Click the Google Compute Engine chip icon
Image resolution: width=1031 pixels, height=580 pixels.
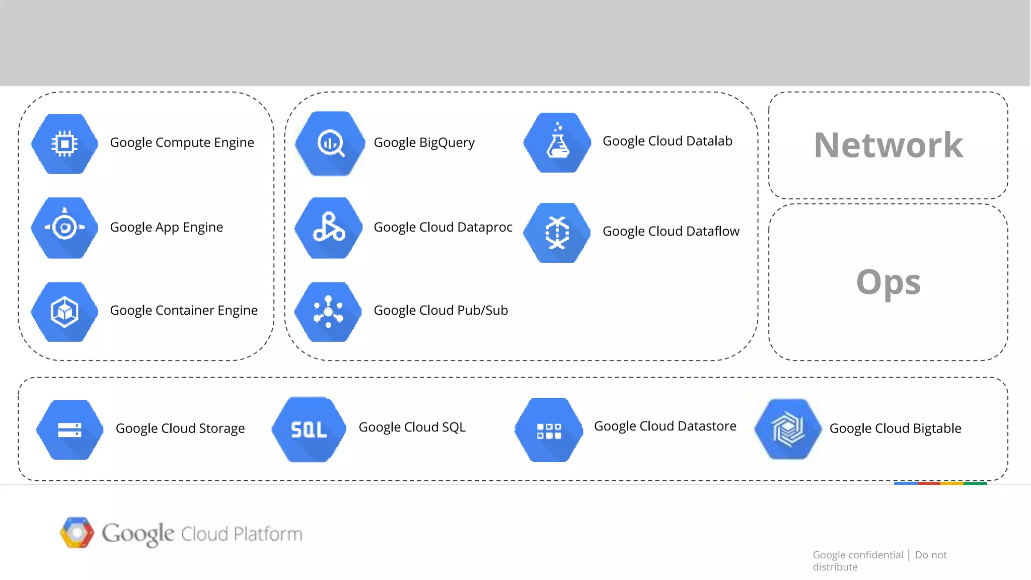pos(64,144)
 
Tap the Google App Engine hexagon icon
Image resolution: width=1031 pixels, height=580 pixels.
pos(64,228)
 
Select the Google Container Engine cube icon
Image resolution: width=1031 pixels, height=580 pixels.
pos(64,312)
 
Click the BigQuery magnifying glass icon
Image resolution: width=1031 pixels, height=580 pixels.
pos(330,143)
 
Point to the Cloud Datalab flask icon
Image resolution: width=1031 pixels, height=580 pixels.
pos(557,142)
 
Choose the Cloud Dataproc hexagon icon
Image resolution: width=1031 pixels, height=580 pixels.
pos(329,228)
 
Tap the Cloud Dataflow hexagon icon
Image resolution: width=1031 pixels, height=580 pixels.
pos(557,233)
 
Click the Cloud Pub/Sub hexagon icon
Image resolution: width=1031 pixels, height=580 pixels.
pos(328,312)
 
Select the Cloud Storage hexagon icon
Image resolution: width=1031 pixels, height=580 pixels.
pos(70,429)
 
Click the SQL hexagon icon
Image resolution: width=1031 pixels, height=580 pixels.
pos(309,429)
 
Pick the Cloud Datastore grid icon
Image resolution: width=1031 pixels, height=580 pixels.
pos(549,430)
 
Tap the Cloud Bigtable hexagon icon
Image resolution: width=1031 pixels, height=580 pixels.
pos(788,429)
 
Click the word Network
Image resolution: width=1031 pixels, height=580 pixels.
pos(888,146)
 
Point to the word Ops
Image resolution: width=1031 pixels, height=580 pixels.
pos(888,282)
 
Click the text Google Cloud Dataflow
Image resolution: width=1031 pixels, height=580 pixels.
pos(671,231)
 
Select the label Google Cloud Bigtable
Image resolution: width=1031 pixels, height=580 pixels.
pos(895,428)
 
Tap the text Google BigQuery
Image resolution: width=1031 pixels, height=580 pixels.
pos(424,142)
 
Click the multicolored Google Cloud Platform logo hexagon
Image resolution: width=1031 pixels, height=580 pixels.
pos(77,532)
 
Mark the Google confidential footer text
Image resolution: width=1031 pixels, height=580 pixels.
pos(858,555)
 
